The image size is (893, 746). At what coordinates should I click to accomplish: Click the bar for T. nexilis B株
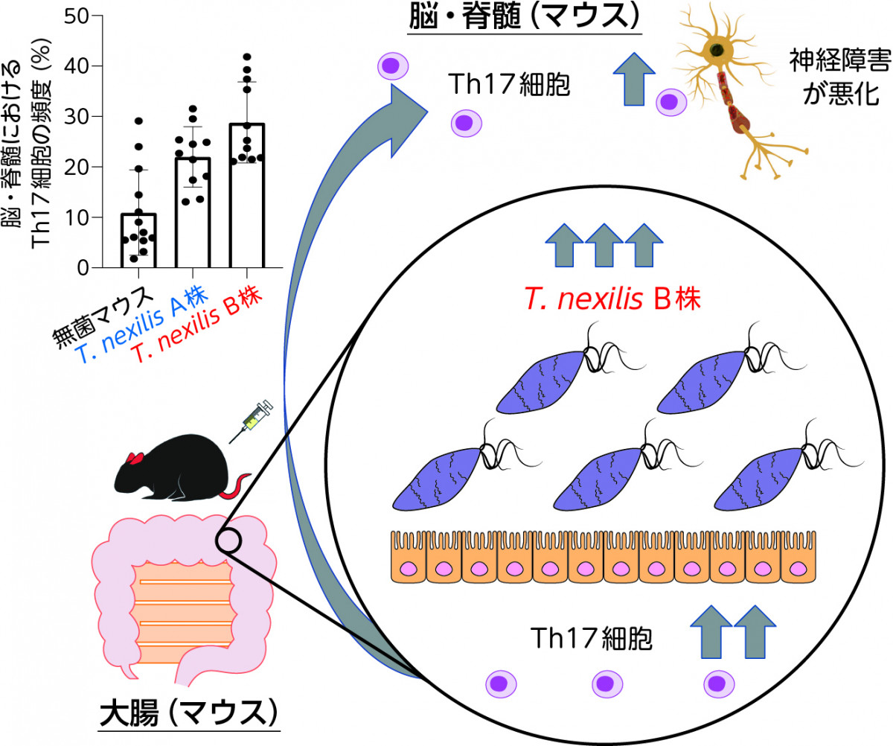pos(247,196)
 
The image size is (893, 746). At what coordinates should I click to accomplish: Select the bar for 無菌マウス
pos(138,240)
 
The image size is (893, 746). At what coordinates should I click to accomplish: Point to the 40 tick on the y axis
pos(97,66)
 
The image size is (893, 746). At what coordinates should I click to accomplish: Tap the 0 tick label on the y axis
pos(83,268)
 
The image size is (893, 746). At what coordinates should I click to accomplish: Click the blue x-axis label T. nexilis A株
pos(142,323)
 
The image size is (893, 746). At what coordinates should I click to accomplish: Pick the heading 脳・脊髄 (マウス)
pos(525,17)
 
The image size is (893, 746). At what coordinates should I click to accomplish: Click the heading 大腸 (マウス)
pos(188,713)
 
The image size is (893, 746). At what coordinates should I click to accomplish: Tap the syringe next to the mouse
pos(251,421)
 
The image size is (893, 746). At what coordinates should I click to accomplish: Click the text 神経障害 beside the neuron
pos(840,61)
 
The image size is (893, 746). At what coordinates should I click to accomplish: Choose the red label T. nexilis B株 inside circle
pos(612,299)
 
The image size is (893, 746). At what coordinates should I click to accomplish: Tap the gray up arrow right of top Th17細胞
pos(634,79)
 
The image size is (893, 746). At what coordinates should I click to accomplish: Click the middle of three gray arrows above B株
pos(604,245)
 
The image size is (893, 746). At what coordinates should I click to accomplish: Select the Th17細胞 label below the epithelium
pos(591,639)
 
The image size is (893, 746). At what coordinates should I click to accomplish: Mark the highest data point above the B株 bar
pos(247,57)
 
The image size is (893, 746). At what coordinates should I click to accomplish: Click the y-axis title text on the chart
pos(27,144)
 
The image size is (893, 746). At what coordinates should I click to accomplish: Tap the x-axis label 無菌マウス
pos(103,316)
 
